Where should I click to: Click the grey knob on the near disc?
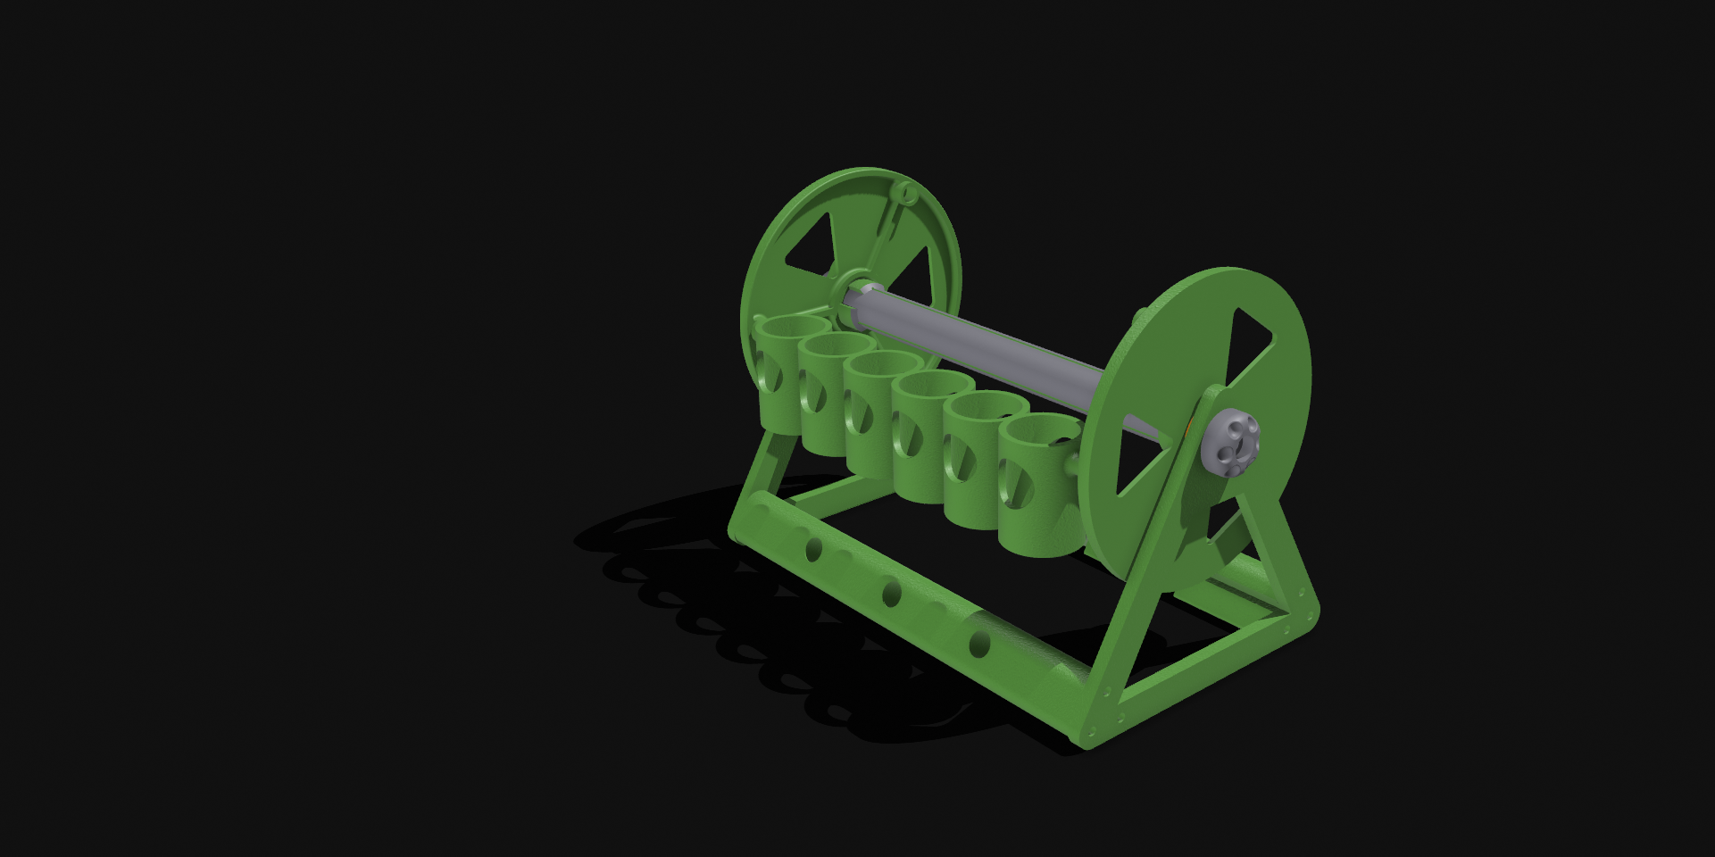1230,444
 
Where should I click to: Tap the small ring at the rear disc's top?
906,191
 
